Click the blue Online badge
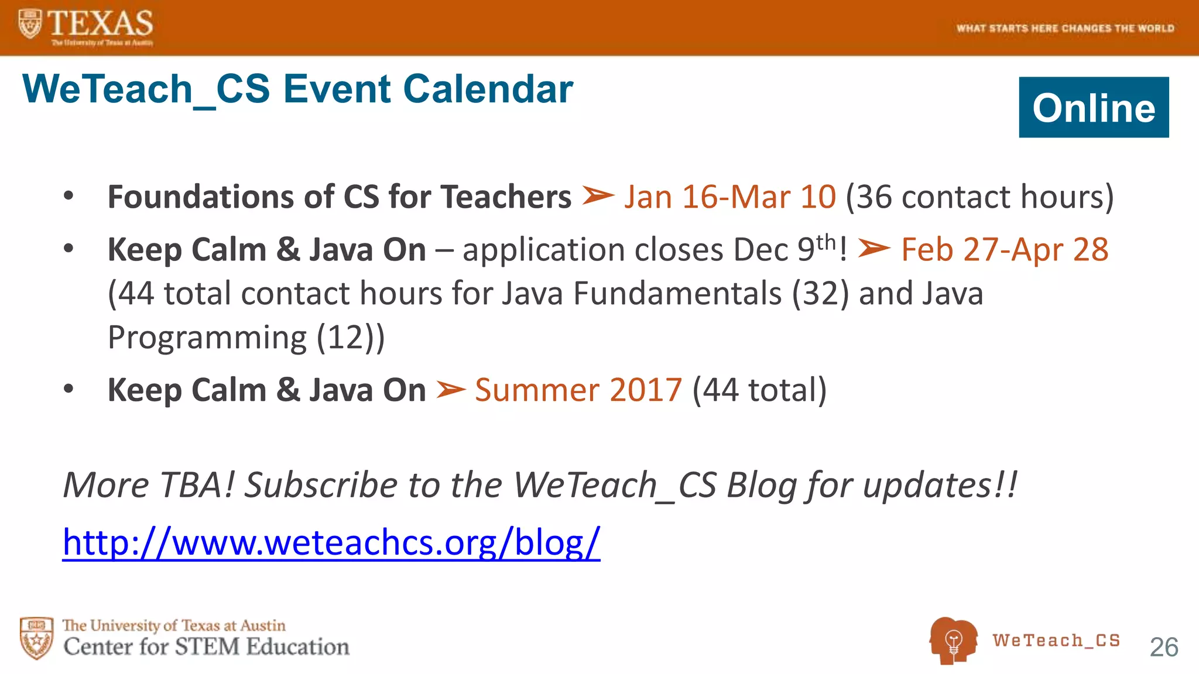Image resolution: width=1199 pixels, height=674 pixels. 1093,108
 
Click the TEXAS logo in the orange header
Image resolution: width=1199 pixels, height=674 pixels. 87,26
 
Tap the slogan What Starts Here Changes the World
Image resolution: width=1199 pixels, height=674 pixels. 1065,28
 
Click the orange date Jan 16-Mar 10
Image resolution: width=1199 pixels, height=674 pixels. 729,197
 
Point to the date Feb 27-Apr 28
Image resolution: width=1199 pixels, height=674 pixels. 1004,250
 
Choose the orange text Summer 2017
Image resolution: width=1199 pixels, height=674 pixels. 578,390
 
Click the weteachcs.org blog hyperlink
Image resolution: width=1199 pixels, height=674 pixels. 331,542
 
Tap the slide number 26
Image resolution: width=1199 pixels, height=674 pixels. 1163,647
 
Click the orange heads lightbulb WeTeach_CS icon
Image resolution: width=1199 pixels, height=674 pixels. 953,640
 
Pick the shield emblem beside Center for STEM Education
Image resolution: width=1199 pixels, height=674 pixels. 36,638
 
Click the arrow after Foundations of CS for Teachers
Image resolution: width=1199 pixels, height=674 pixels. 598,196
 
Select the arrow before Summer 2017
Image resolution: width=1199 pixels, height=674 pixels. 451,390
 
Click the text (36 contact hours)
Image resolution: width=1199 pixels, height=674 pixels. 979,197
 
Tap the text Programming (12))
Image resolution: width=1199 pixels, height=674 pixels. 246,338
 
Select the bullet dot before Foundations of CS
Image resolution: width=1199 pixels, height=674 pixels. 68,196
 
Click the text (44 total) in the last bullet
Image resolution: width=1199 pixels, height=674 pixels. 759,390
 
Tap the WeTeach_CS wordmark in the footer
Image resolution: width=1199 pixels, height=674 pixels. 1056,640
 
